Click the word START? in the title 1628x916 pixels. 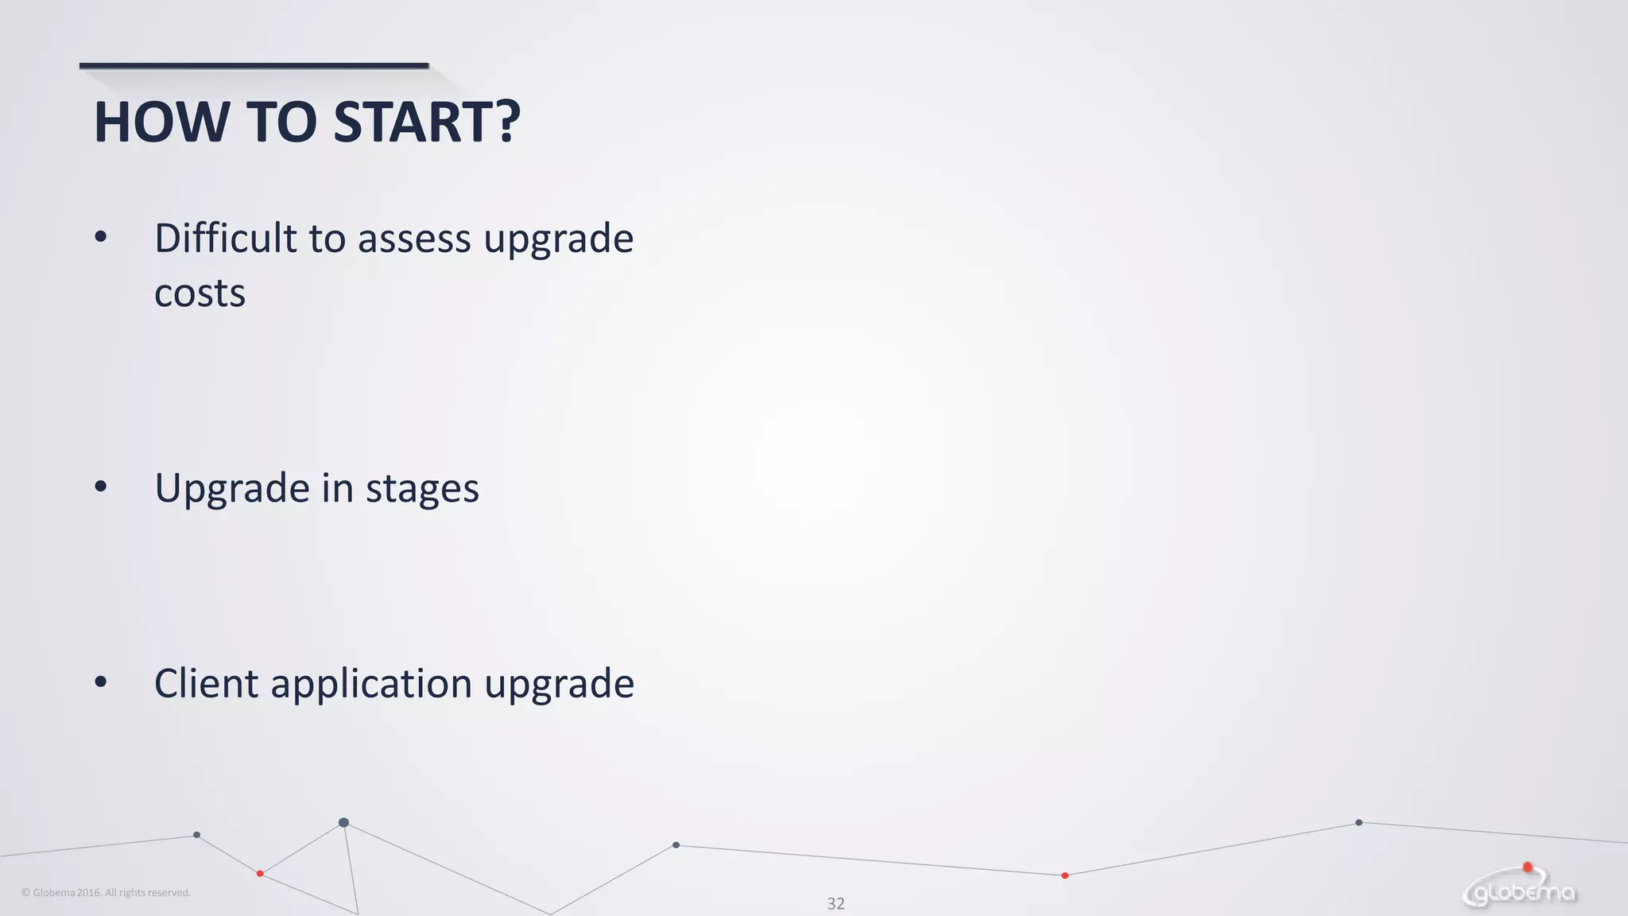point(427,122)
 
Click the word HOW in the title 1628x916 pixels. point(161,122)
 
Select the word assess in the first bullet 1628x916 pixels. point(414,239)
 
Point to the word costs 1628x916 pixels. point(200,294)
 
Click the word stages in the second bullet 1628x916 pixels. point(422,489)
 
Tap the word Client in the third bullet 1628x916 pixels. point(206,683)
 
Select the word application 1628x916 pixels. point(371,685)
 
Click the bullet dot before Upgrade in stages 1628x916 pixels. point(100,486)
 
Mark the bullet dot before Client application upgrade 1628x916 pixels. point(100,681)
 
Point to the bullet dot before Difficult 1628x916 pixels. point(100,236)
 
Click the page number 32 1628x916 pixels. point(835,903)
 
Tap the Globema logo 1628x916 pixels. point(1520,891)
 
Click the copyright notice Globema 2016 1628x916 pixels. point(106,893)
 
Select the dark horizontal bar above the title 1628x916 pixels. point(254,65)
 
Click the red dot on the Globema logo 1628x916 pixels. point(1527,867)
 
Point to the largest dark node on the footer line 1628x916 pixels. point(343,822)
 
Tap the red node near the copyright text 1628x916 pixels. point(260,874)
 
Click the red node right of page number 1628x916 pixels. point(1065,875)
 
